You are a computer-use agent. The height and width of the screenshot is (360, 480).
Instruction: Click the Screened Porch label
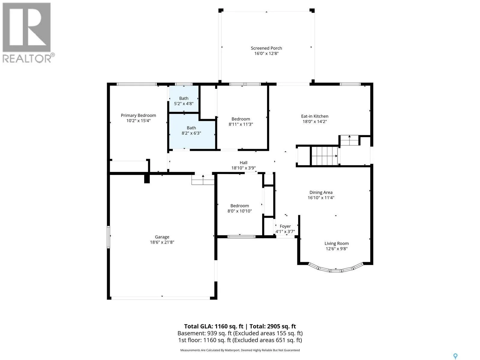266,48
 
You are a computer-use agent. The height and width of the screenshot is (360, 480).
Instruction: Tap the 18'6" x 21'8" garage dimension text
162,242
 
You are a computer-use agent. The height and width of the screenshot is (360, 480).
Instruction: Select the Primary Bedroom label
138,115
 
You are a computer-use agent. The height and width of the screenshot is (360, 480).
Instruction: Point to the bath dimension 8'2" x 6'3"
191,133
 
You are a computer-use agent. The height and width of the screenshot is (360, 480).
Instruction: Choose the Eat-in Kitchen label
314,116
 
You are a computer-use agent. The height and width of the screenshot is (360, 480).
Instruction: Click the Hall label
243,163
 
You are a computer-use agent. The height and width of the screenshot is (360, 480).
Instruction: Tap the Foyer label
285,226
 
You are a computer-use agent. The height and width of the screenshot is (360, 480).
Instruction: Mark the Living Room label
336,243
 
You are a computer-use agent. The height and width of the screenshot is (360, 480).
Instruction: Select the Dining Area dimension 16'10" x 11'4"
321,198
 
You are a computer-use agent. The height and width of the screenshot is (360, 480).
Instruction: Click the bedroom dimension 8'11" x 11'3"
241,124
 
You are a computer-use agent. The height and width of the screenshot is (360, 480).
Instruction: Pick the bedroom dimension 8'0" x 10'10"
239,211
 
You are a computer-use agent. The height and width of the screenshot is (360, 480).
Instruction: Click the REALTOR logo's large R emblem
26,27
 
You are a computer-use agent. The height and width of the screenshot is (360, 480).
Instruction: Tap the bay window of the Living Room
336,269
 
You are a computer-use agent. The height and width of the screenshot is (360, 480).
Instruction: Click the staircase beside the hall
325,156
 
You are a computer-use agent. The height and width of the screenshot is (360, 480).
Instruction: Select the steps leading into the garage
203,180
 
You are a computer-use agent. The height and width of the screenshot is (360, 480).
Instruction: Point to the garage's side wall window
108,237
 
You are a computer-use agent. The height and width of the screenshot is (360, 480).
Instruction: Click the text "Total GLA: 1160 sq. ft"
213,326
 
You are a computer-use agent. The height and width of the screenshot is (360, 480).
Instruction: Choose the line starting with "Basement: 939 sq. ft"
240,333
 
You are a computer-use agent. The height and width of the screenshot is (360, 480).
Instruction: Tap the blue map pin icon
455,350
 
